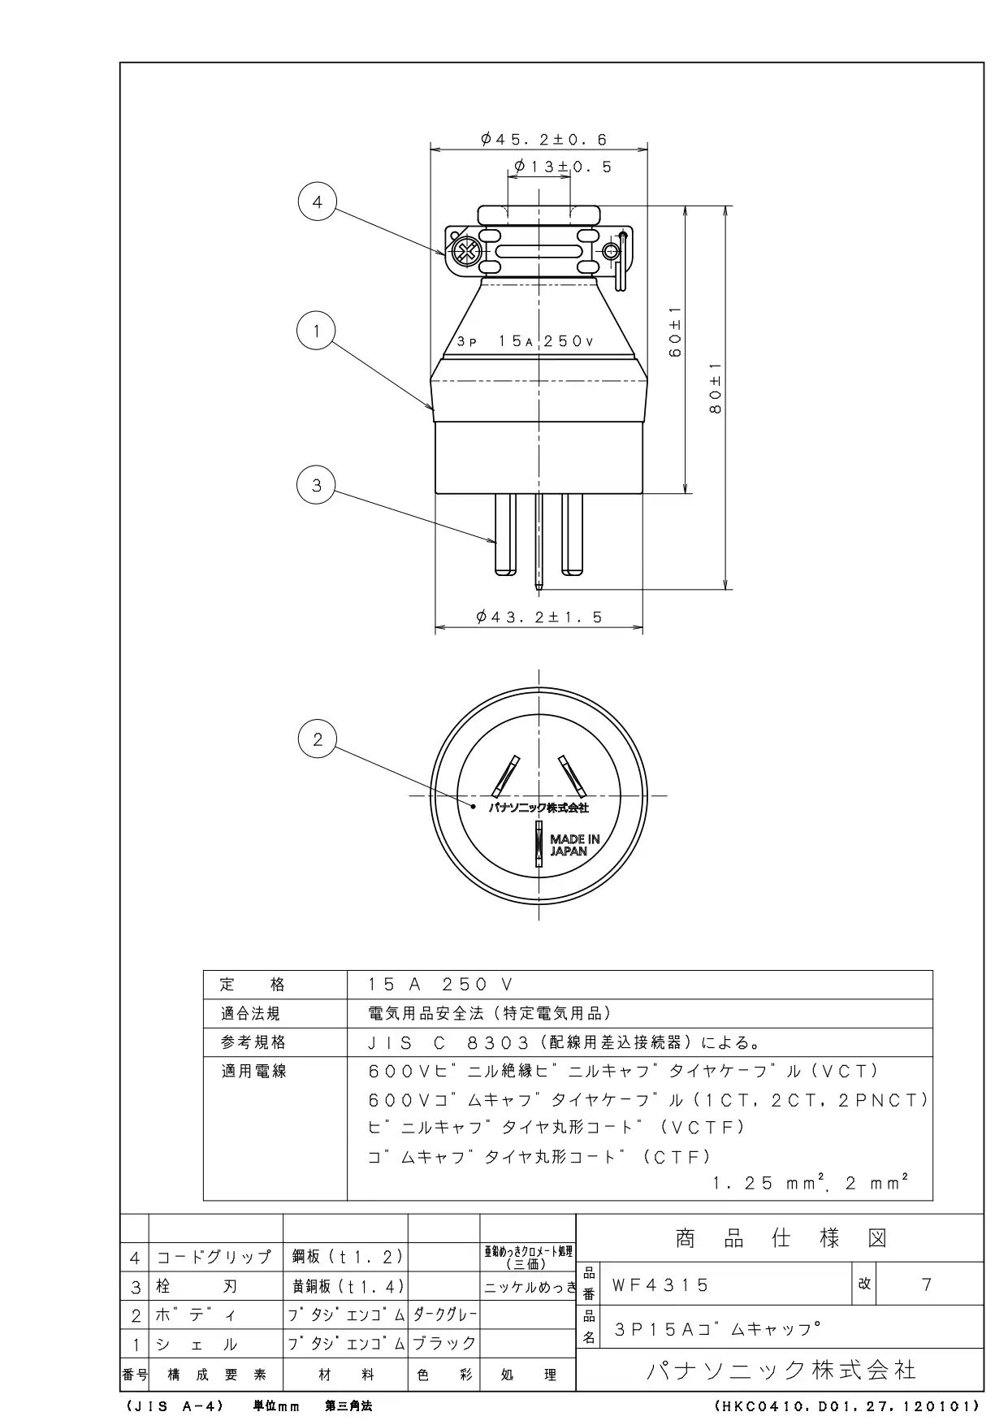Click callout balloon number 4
pyautogui.click(x=318, y=201)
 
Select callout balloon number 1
pyautogui.click(x=317, y=331)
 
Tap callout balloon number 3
pyautogui.click(x=317, y=485)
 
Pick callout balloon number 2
pyautogui.click(x=318, y=738)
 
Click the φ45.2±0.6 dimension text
pyautogui.click(x=544, y=140)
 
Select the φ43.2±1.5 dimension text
pyautogui.click(x=540, y=617)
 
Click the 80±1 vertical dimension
pyautogui.click(x=715, y=388)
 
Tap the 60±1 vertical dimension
pyautogui.click(x=675, y=332)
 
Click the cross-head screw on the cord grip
pyautogui.click(x=465, y=251)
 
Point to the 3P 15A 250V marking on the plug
pyautogui.click(x=526, y=341)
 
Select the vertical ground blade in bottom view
pyautogui.click(x=539, y=844)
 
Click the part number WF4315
pyautogui.click(x=661, y=1285)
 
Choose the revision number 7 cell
pyautogui.click(x=927, y=1284)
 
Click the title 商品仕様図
pyautogui.click(x=781, y=1239)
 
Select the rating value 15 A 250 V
pyautogui.click(x=441, y=985)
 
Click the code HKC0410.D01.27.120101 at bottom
pyautogui.click(x=848, y=1406)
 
